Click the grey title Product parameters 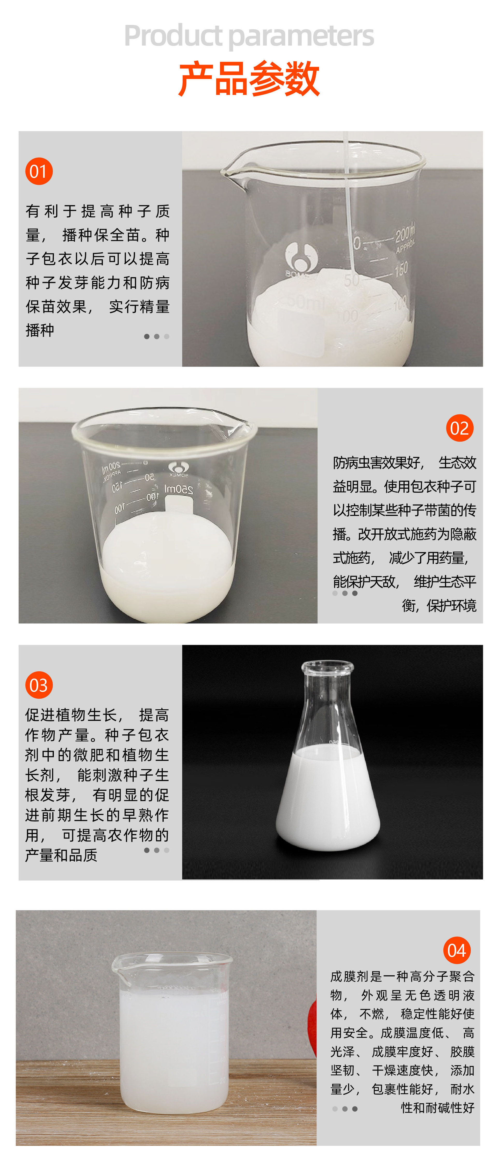pos(249,36)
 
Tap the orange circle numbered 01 pos(39,172)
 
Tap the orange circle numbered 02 pos(459,428)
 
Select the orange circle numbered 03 pos(39,685)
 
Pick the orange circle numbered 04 pos(456,950)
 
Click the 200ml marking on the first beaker pos(405,234)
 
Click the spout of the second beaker pos(244,424)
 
